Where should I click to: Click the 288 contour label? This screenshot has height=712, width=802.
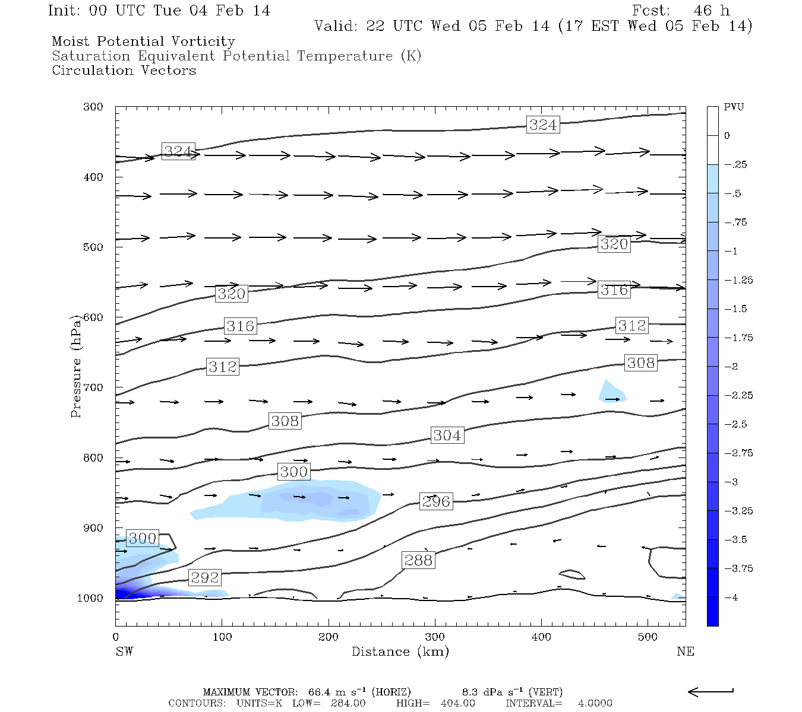pyautogui.click(x=419, y=560)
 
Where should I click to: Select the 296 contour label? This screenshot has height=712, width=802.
pyautogui.click(x=437, y=501)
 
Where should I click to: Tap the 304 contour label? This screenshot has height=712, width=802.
pyautogui.click(x=447, y=436)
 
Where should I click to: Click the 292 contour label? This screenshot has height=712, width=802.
pyautogui.click(x=205, y=577)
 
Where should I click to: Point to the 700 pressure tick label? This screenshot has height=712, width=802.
pyautogui.click(x=93, y=387)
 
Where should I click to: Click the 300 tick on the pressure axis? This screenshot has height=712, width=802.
pyautogui.click(x=93, y=107)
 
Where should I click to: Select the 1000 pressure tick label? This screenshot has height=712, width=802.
pyautogui.click(x=90, y=598)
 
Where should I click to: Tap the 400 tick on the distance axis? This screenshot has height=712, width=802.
pyautogui.click(x=541, y=637)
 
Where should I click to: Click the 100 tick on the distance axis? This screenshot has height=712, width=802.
pyautogui.click(x=222, y=637)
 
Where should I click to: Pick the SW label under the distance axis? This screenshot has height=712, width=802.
pyautogui.click(x=124, y=651)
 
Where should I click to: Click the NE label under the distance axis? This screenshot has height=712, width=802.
pyautogui.click(x=686, y=651)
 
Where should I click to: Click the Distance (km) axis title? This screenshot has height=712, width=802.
pyautogui.click(x=400, y=651)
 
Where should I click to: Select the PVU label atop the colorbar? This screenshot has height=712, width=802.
pyautogui.click(x=734, y=107)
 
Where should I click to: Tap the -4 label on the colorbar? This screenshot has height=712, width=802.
pyautogui.click(x=732, y=597)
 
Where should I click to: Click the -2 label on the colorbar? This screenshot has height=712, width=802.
pyautogui.click(x=732, y=367)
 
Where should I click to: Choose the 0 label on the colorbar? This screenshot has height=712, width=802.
pyautogui.click(x=727, y=136)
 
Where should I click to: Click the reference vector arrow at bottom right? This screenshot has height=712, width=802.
pyautogui.click(x=711, y=691)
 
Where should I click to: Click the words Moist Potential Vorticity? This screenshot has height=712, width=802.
pyautogui.click(x=144, y=42)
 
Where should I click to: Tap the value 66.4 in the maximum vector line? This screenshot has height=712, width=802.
pyautogui.click(x=321, y=692)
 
